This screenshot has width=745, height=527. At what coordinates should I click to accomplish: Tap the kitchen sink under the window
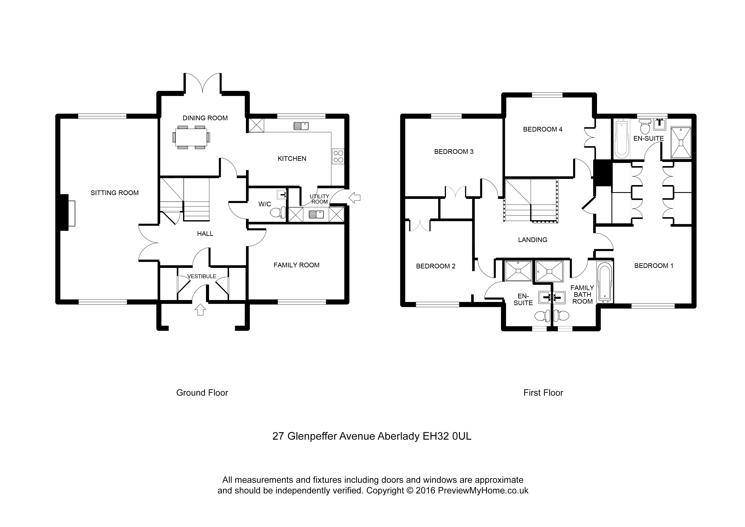[x=301, y=126]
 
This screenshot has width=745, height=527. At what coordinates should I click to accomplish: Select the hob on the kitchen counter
[x=338, y=156]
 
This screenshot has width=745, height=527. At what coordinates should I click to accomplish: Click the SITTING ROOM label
[x=114, y=193]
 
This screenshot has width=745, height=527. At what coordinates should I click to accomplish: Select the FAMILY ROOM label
[x=296, y=265]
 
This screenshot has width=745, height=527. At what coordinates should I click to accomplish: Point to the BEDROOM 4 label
[x=543, y=129]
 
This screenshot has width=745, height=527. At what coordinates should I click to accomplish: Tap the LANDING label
[x=532, y=240]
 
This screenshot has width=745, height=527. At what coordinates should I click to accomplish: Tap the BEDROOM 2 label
[x=435, y=266]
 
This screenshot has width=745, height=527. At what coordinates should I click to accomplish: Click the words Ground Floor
[x=202, y=393]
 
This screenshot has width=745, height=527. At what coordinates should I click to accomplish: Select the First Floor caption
[x=543, y=393]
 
